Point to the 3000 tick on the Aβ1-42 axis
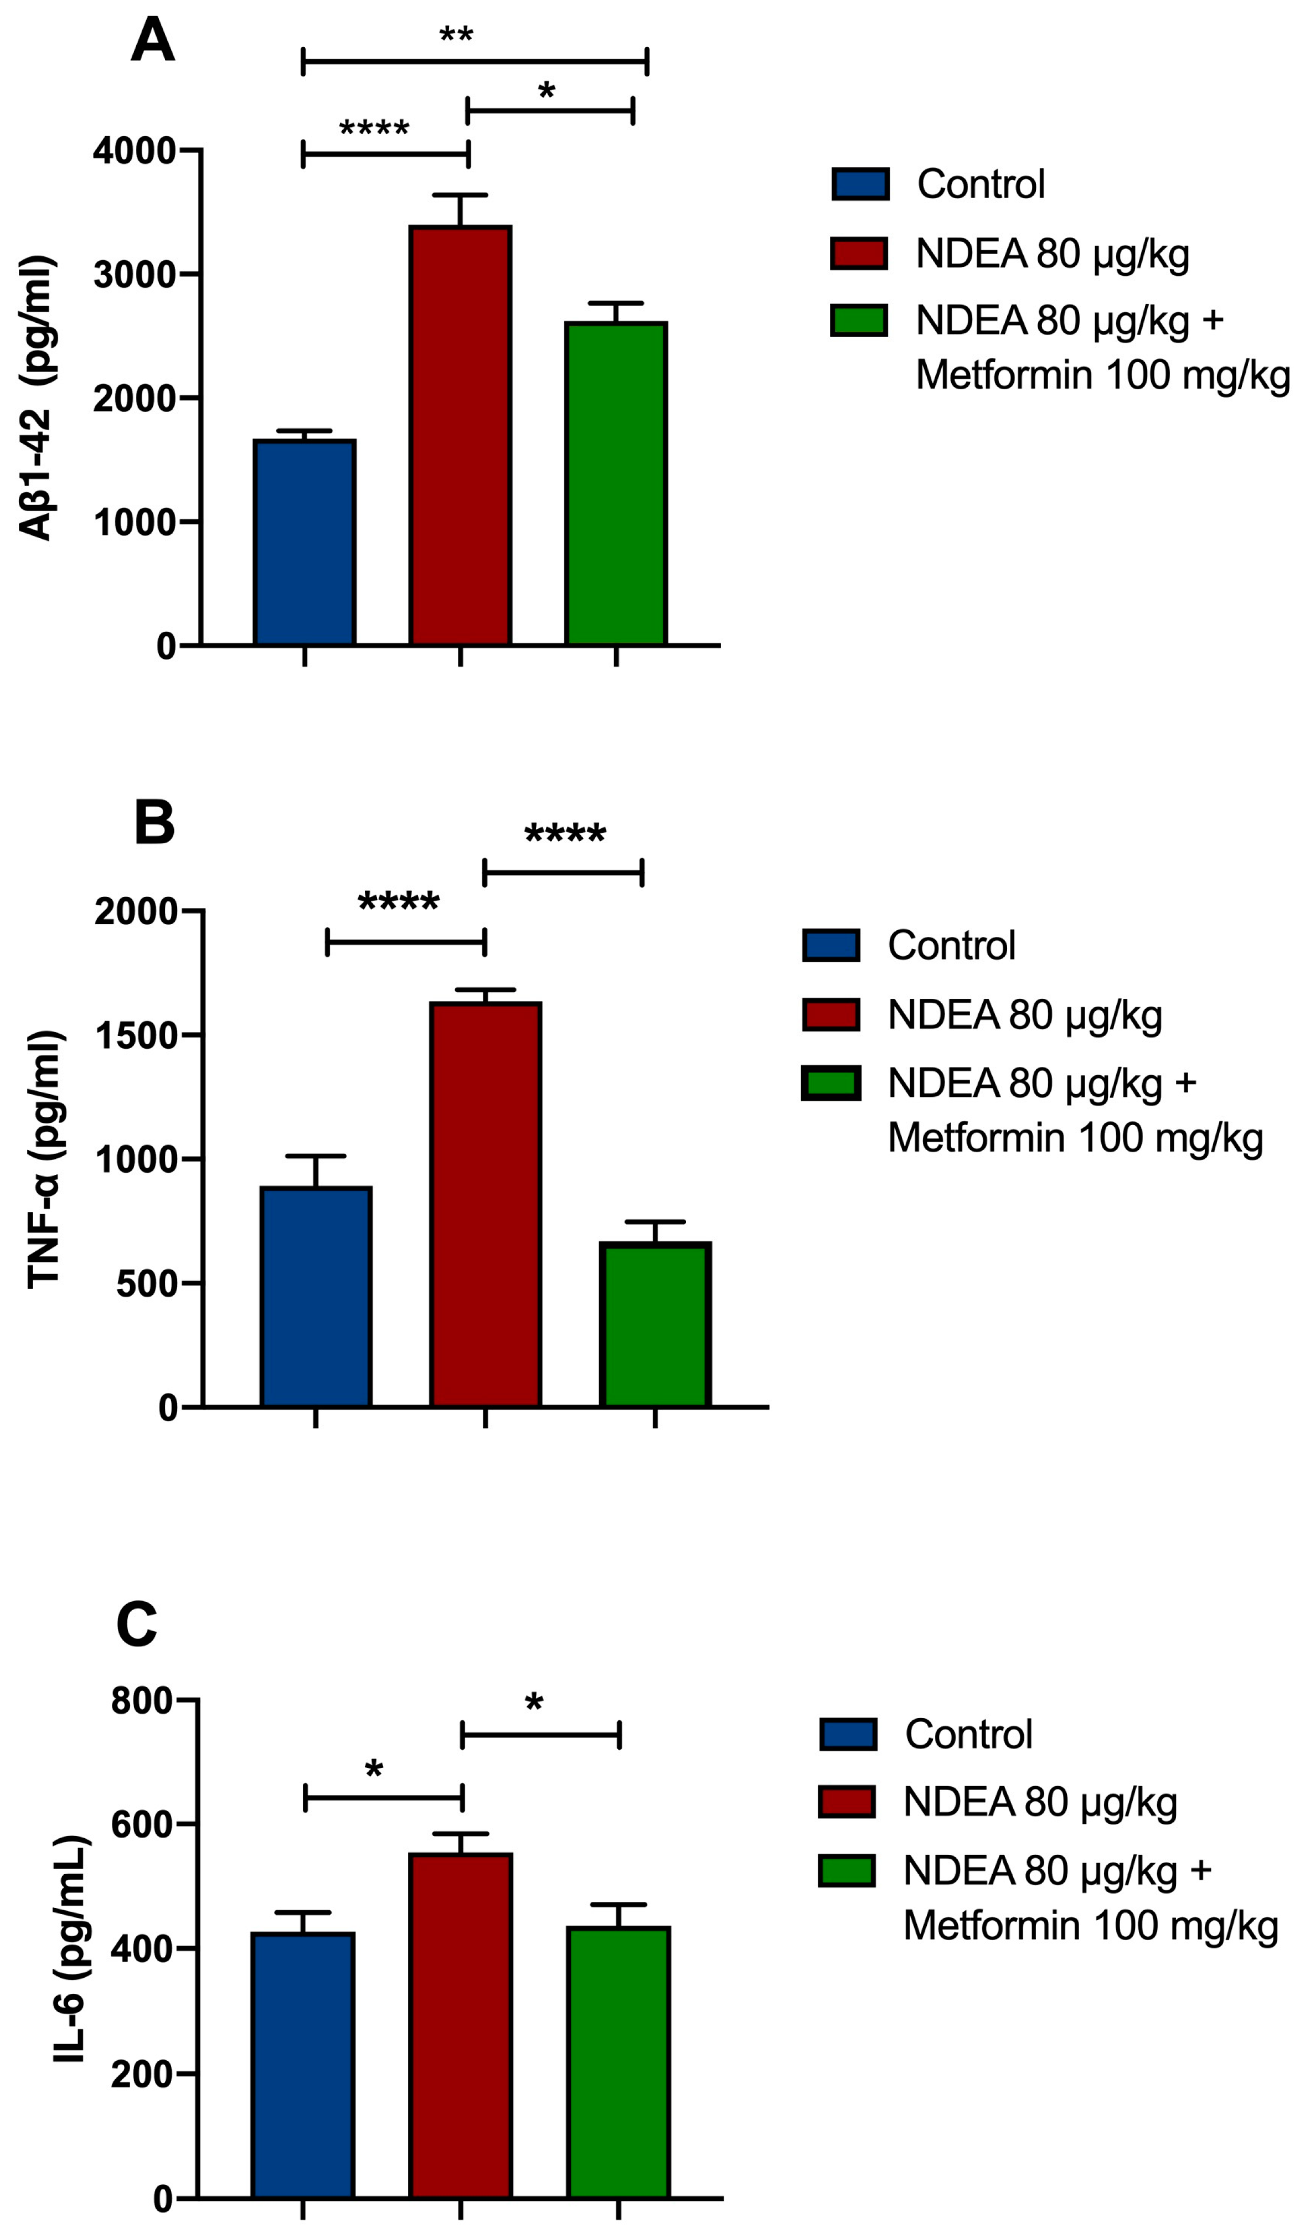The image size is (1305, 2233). [135, 275]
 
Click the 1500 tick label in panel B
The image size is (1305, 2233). [136, 1035]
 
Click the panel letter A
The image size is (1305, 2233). [152, 42]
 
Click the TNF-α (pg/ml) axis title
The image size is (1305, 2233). [44, 1159]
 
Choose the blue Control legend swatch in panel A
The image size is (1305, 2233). [859, 183]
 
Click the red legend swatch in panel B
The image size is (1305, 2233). [830, 1014]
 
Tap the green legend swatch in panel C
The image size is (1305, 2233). [846, 1870]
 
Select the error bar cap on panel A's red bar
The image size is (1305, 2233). [460, 195]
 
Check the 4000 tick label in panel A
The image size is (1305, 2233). [135, 151]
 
